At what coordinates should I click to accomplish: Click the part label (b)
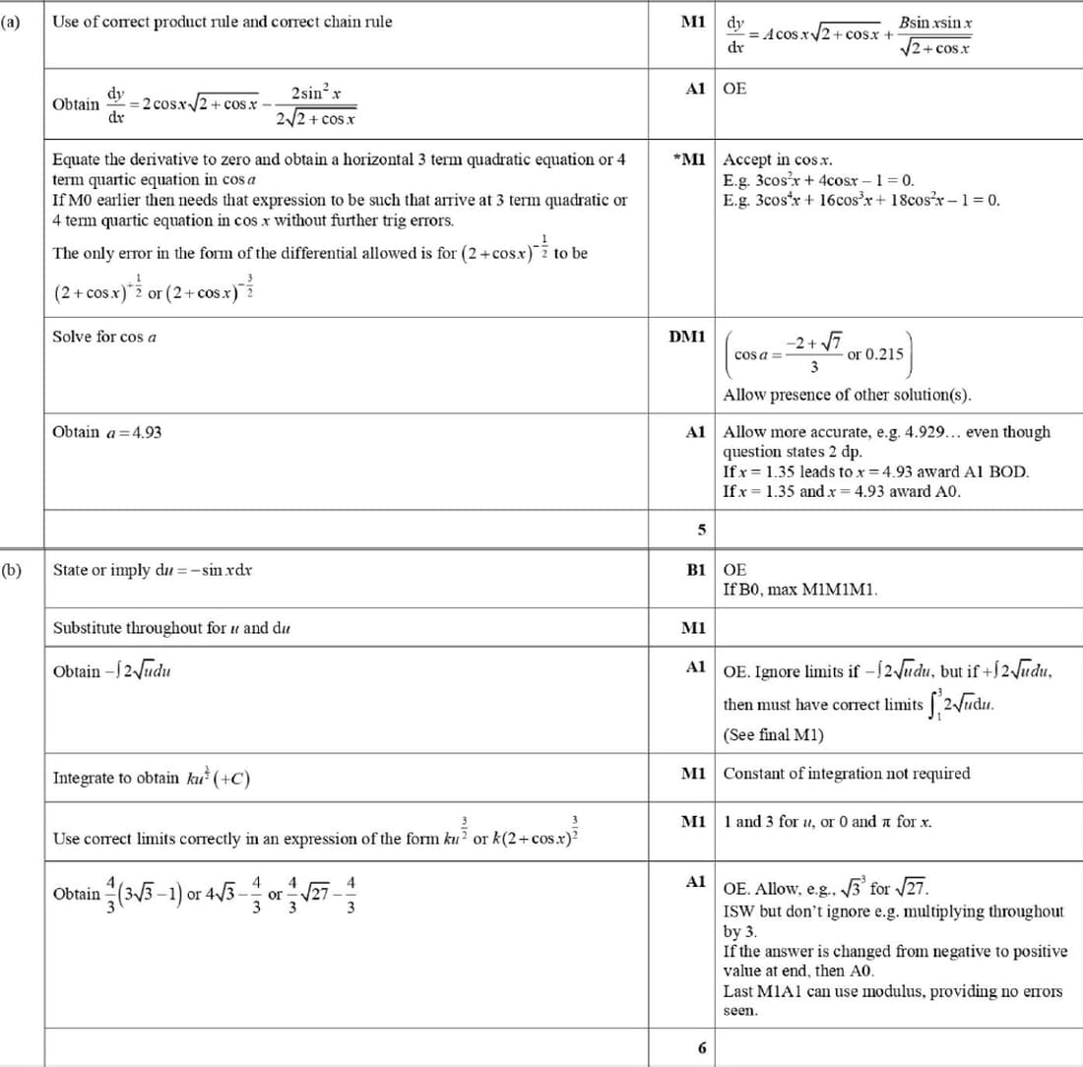pyautogui.click(x=13, y=569)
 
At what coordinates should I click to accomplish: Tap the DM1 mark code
pyautogui.click(x=686, y=337)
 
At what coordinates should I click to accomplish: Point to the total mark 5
pyautogui.click(x=702, y=530)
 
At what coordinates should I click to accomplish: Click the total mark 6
pyautogui.click(x=702, y=1048)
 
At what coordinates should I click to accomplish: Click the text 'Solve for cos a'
pyautogui.click(x=105, y=337)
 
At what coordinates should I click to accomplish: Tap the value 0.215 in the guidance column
pyautogui.click(x=883, y=353)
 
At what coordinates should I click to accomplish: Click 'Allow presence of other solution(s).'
pyautogui.click(x=847, y=396)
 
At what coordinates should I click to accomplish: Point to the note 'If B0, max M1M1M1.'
pyautogui.click(x=799, y=590)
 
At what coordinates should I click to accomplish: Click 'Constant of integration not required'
pyautogui.click(x=847, y=774)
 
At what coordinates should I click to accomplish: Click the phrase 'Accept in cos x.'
pyautogui.click(x=779, y=159)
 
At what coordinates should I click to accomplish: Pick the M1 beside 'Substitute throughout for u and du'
pyautogui.click(x=694, y=627)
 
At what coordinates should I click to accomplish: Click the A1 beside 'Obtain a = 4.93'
pyautogui.click(x=695, y=432)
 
